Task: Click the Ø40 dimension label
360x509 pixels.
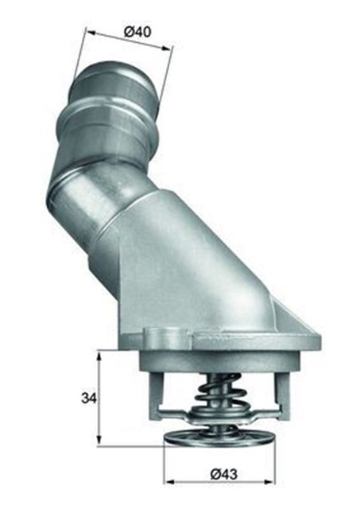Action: click(x=138, y=33)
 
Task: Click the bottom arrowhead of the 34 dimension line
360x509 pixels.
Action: click(x=99, y=442)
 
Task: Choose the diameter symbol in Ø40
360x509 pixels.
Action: click(x=129, y=31)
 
